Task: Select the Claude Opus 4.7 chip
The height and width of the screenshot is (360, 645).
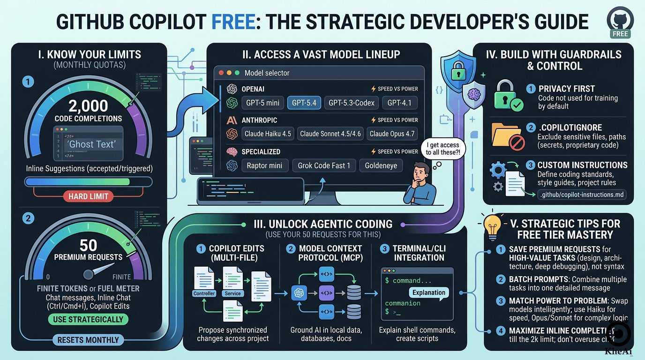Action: click(x=392, y=134)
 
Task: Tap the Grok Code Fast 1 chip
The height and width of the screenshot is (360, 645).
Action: click(x=323, y=165)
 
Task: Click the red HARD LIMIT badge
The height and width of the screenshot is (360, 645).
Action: click(x=88, y=196)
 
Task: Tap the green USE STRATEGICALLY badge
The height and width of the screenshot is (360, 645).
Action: click(x=88, y=320)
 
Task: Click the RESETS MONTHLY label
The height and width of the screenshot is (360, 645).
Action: click(x=88, y=340)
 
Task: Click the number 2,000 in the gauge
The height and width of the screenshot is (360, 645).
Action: click(x=88, y=105)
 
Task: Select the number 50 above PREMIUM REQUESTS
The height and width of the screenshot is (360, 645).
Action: click(x=88, y=245)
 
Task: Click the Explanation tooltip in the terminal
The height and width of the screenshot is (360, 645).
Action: click(x=428, y=292)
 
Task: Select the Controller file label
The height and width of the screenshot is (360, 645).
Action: click(x=204, y=293)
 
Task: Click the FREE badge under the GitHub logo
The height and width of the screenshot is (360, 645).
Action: click(x=620, y=34)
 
